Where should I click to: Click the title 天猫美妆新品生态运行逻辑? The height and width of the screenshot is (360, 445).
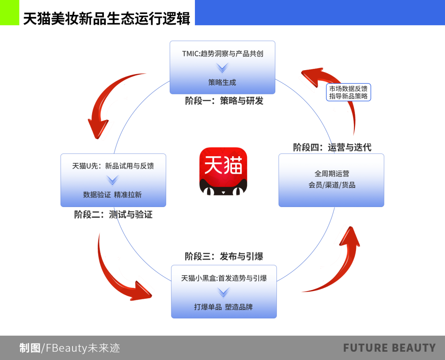tap(106, 19)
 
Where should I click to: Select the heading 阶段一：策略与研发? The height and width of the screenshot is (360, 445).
tap(224, 101)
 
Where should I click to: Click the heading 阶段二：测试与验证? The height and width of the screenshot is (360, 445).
tap(113, 215)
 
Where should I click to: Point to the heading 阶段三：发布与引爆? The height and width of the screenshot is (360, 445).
tap(224, 256)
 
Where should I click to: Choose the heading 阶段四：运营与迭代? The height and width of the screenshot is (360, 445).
tap(332, 147)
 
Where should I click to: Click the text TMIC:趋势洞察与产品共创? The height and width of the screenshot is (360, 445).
tap(222, 54)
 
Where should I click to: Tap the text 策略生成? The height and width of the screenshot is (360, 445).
tap(222, 82)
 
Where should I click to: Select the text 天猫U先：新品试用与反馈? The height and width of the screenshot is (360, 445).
tap(113, 166)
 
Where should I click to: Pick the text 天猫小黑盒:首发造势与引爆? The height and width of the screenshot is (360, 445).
tap(224, 278)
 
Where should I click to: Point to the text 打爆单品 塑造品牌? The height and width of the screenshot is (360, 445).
tap(223, 307)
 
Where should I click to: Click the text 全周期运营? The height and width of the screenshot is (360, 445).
tap(332, 174)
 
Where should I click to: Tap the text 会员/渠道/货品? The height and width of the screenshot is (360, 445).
tap(332, 185)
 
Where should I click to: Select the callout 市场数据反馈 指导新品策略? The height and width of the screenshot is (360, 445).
tap(348, 92)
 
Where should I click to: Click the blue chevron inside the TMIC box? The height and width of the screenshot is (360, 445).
tap(222, 68)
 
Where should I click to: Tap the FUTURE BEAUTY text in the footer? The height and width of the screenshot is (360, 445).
tap(389, 348)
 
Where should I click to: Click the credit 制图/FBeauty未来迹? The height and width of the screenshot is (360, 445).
tap(70, 348)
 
